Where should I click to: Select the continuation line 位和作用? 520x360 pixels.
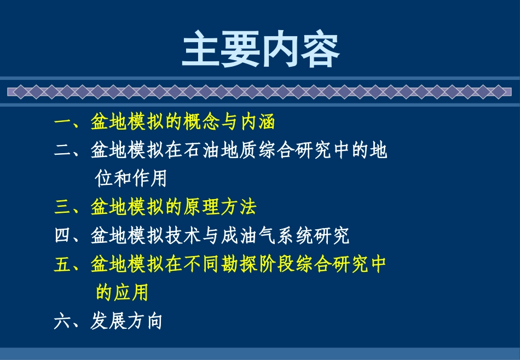131,179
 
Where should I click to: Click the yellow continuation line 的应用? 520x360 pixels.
122,293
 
